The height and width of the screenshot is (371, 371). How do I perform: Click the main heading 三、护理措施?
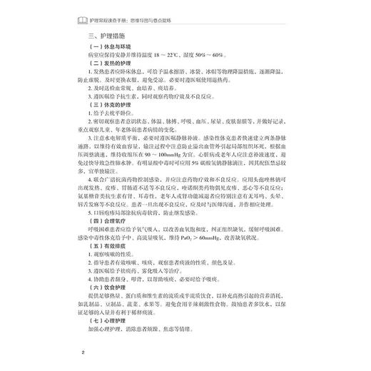tap(108, 35)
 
